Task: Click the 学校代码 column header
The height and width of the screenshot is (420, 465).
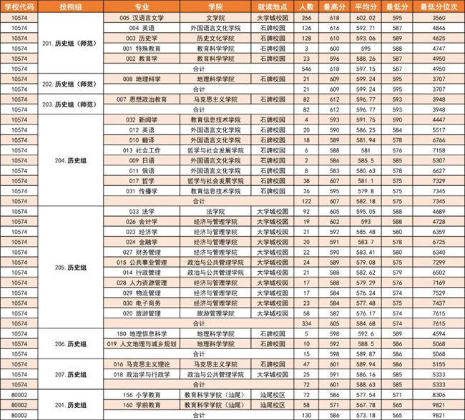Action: click(20, 6)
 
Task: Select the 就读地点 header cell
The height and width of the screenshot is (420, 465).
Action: click(271, 6)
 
